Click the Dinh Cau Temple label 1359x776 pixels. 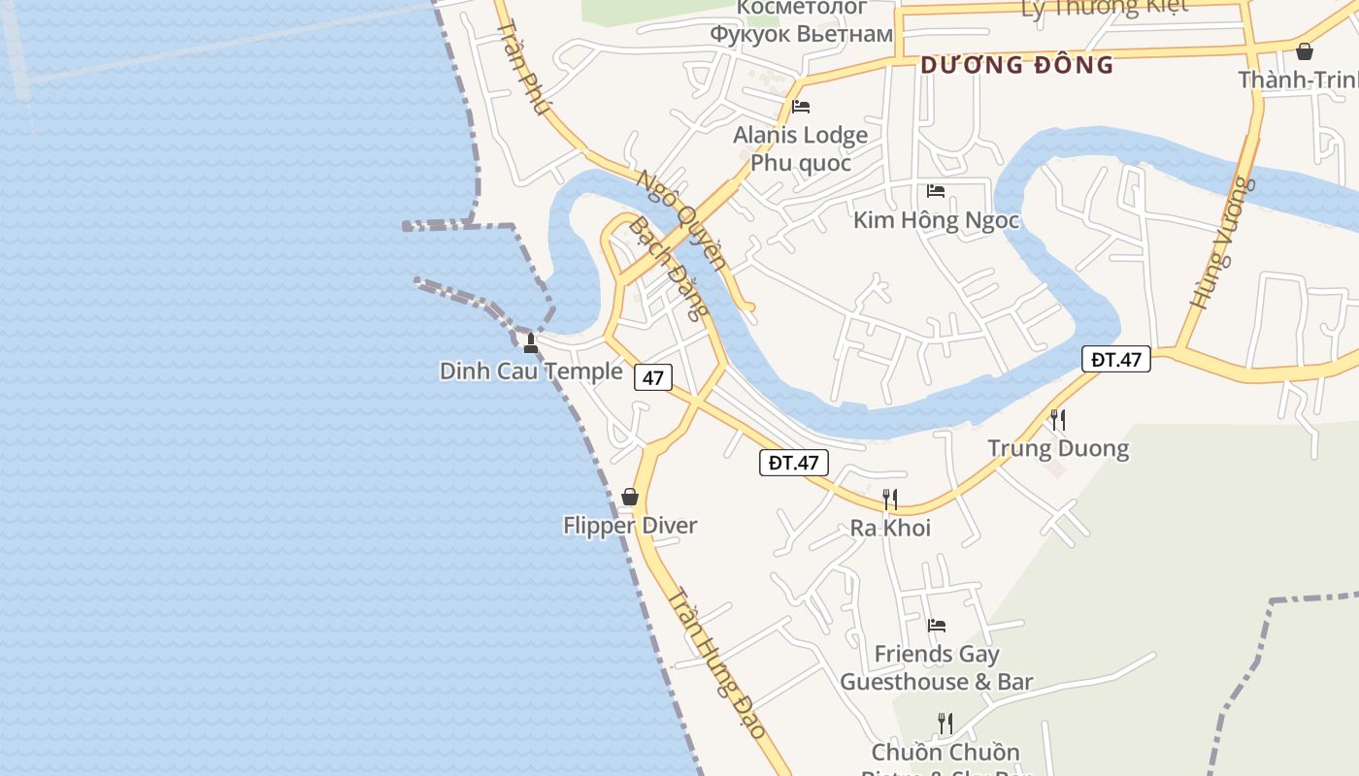pos(531,372)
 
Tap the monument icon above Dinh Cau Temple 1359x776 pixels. pos(531,342)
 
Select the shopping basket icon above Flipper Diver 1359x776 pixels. pos(630,497)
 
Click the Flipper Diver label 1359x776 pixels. pos(630,526)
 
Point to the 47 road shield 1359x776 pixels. pos(653,377)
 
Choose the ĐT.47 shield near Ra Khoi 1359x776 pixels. pos(793,463)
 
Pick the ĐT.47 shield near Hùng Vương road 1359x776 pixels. pos(1116,360)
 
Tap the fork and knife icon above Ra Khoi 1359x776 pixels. pos(889,500)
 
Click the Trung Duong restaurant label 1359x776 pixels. pos(1058,449)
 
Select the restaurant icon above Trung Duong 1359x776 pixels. pos(1058,420)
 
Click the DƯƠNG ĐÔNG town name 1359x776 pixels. pos(1016,65)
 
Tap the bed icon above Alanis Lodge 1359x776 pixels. pos(801,107)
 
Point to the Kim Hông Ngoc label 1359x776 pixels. pos(936,220)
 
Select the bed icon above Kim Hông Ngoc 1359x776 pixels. pos(936,191)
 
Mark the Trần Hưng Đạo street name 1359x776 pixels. pos(716,664)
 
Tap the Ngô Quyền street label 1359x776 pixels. pos(681,219)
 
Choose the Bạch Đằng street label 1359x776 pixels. pos(669,269)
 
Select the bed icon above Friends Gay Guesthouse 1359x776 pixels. pos(937,626)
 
